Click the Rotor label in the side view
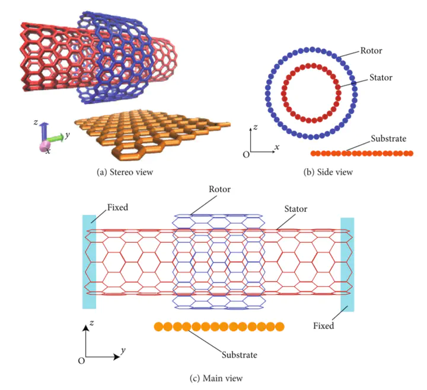(x=372, y=50)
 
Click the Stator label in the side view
(x=372, y=78)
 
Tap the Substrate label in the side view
(x=388, y=139)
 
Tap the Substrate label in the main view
(x=240, y=355)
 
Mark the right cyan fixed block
(x=347, y=264)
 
